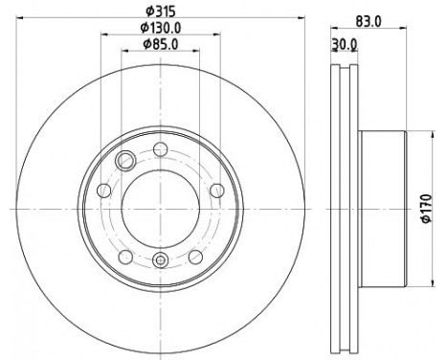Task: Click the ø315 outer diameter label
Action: click(159, 11)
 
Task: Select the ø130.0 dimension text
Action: click(159, 28)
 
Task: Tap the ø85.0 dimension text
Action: click(159, 43)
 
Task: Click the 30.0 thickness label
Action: click(344, 43)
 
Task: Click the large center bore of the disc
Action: click(159, 208)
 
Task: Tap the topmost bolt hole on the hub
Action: click(159, 148)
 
